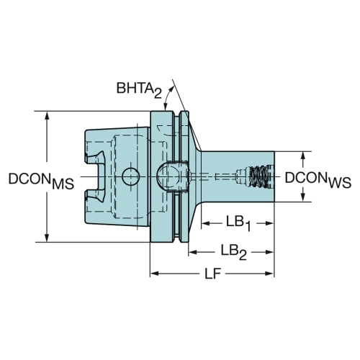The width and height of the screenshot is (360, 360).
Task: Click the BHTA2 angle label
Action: [x=139, y=90]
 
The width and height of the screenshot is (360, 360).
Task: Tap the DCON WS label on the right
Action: [x=318, y=180]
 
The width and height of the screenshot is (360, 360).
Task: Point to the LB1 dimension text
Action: [x=238, y=224]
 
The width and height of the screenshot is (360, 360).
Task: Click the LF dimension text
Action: [x=212, y=274]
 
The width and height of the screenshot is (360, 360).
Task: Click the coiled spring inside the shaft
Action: [x=258, y=176]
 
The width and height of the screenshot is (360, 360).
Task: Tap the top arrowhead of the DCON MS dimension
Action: [x=48, y=115]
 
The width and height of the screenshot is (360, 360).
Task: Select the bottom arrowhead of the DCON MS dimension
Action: [x=48, y=238]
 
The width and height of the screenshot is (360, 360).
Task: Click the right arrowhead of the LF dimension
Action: [x=269, y=274]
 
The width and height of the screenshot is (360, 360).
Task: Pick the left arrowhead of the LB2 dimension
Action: [x=193, y=252]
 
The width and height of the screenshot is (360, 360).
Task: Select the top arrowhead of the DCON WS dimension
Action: [x=303, y=156]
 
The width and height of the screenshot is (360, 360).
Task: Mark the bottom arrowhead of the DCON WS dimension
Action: [x=303, y=197]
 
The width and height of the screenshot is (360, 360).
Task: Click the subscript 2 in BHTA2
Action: [x=158, y=94]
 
